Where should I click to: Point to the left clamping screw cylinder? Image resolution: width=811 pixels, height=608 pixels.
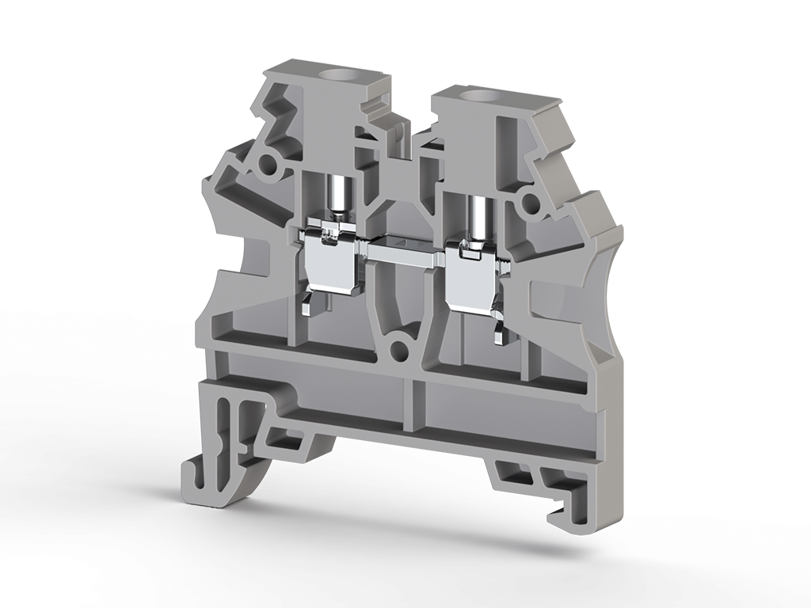pos(338,197)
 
